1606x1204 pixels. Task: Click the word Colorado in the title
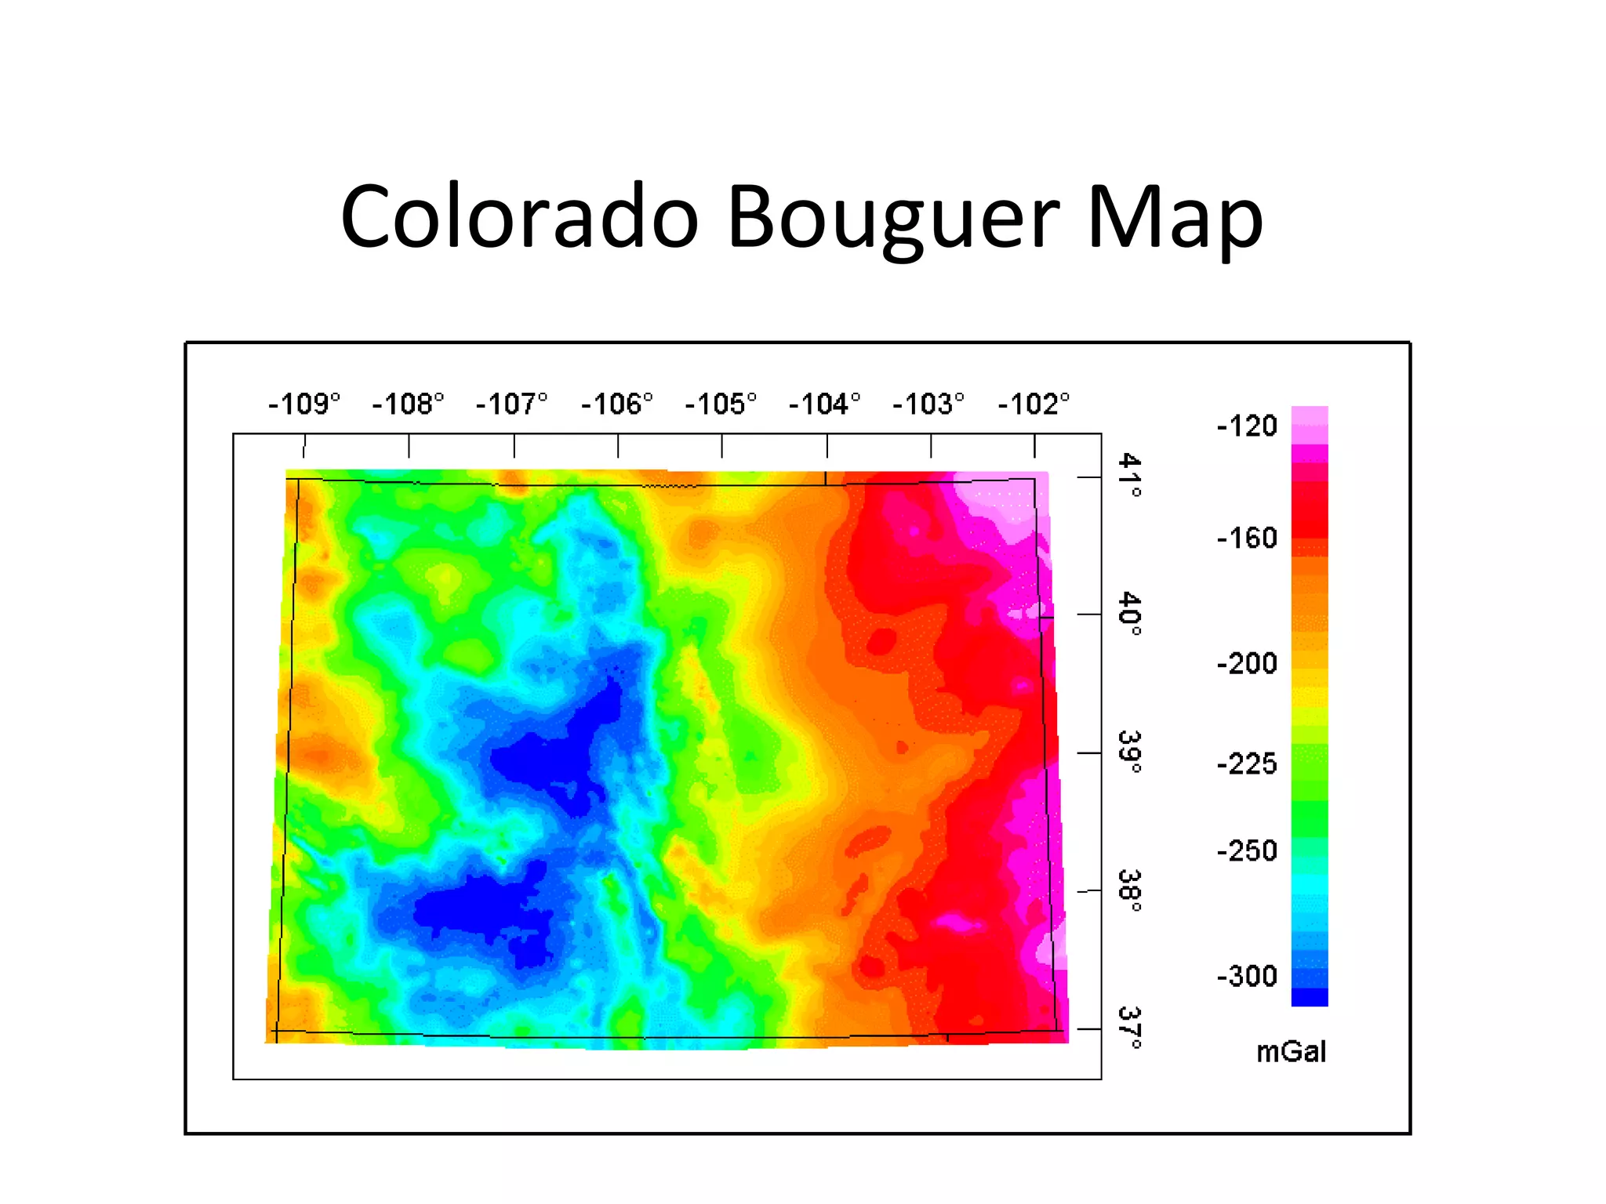(x=519, y=217)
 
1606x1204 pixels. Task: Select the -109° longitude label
(x=304, y=404)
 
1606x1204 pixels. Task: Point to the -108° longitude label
(x=408, y=404)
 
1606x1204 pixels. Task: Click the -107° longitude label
(x=512, y=404)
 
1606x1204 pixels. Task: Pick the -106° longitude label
(x=616, y=404)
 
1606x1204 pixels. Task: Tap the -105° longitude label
(x=721, y=404)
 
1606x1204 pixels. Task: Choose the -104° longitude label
(x=825, y=404)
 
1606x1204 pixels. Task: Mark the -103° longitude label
(x=929, y=404)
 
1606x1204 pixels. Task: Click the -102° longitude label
(x=1034, y=404)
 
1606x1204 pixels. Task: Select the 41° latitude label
(x=1130, y=475)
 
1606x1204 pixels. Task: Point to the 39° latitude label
(x=1130, y=752)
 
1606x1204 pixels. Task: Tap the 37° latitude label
(x=1130, y=1028)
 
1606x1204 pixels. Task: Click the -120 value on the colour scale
(x=1247, y=426)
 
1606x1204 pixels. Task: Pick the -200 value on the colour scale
(x=1247, y=664)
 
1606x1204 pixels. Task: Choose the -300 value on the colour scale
(x=1247, y=977)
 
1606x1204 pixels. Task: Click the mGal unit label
(x=1291, y=1052)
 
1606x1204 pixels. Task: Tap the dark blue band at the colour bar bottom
(x=1310, y=997)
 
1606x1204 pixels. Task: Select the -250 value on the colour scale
(x=1247, y=851)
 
